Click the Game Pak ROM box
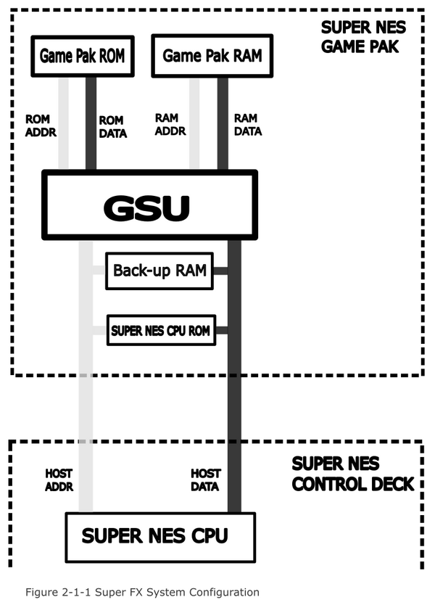[82, 56]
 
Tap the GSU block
[149, 206]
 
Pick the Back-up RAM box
[159, 271]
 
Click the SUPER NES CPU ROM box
[160, 331]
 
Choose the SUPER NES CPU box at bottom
[159, 537]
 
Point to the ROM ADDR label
[41, 125]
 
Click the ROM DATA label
[112, 126]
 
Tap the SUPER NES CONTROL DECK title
[352, 474]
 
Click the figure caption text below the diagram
[142, 592]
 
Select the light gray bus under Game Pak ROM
[63, 123]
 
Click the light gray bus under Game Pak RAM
[194, 123]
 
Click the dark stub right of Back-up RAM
[220, 271]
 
